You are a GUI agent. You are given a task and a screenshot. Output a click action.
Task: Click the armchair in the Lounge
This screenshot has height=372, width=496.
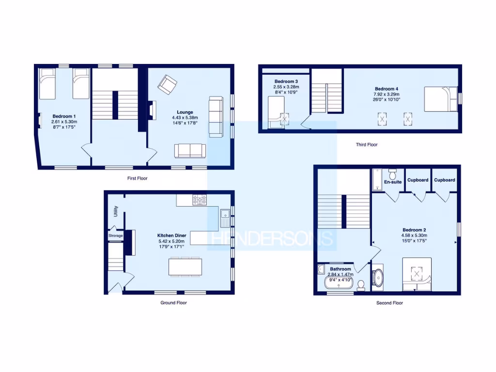[168, 85]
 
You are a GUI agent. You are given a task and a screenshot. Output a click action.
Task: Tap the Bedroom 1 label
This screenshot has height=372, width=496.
[64, 116]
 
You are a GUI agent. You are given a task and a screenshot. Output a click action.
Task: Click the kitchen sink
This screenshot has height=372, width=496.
[225, 217]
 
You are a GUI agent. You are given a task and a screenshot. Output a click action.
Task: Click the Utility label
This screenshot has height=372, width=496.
[116, 211]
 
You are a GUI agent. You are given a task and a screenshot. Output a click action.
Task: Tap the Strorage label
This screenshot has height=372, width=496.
[116, 235]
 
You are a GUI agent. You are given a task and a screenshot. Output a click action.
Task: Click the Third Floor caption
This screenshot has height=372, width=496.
[366, 144]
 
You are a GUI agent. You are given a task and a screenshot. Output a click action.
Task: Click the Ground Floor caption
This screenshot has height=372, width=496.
[173, 303]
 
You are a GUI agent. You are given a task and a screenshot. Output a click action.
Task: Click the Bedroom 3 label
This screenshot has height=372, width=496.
[286, 81]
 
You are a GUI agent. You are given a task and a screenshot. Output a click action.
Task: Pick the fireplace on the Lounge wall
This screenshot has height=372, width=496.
[152, 110]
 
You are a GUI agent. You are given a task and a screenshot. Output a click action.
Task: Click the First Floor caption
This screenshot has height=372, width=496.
[137, 178]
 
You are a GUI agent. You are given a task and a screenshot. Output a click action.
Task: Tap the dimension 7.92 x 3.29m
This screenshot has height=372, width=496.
[386, 94]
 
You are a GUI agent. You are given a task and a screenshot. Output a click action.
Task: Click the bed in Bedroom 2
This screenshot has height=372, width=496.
[417, 274]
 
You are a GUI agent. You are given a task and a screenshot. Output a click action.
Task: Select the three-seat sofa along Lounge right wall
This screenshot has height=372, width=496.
[216, 116]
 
